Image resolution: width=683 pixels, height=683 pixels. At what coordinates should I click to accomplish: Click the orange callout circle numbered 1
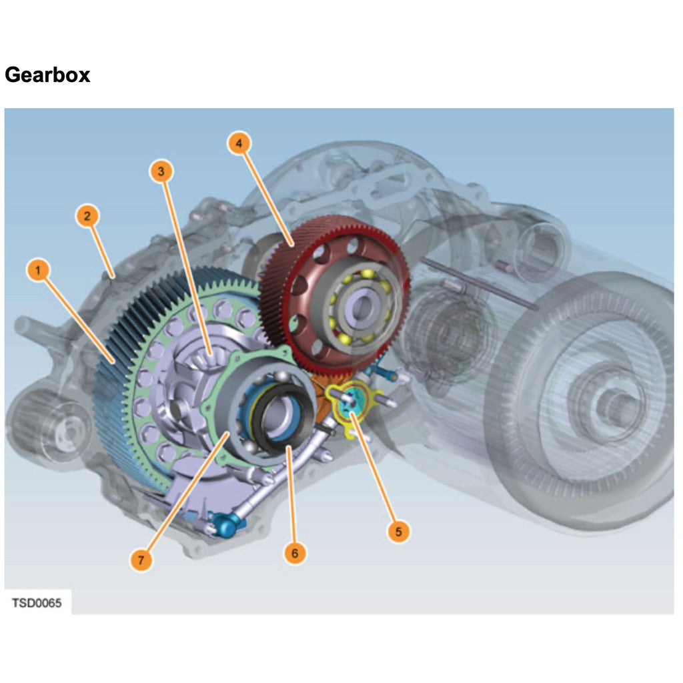pyautogui.click(x=39, y=271)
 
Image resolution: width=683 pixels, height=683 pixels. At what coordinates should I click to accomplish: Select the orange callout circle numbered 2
pyautogui.click(x=87, y=215)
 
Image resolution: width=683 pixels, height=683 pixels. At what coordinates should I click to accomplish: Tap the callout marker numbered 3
pyautogui.click(x=160, y=171)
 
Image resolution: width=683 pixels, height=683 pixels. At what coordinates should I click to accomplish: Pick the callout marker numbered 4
pyautogui.click(x=239, y=143)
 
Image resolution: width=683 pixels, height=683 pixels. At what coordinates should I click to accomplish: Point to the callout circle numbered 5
pyautogui.click(x=398, y=532)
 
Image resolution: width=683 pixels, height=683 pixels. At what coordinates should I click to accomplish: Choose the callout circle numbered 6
pyautogui.click(x=295, y=553)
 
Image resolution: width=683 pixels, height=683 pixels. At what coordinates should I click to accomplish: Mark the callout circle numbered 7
pyautogui.click(x=141, y=561)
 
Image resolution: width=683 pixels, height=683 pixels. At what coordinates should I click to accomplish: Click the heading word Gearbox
pyautogui.click(x=47, y=75)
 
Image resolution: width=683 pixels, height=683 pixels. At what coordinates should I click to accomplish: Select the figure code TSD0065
pyautogui.click(x=37, y=603)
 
